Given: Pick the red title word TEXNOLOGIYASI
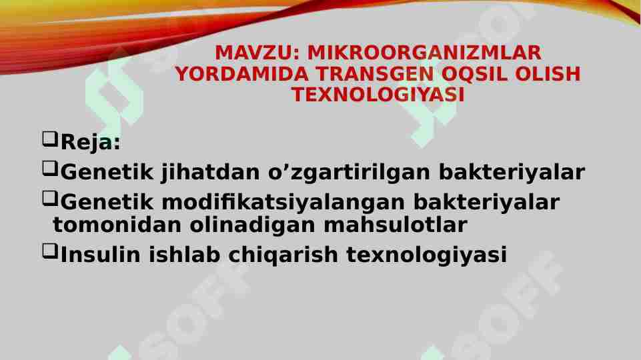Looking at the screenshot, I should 378,95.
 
